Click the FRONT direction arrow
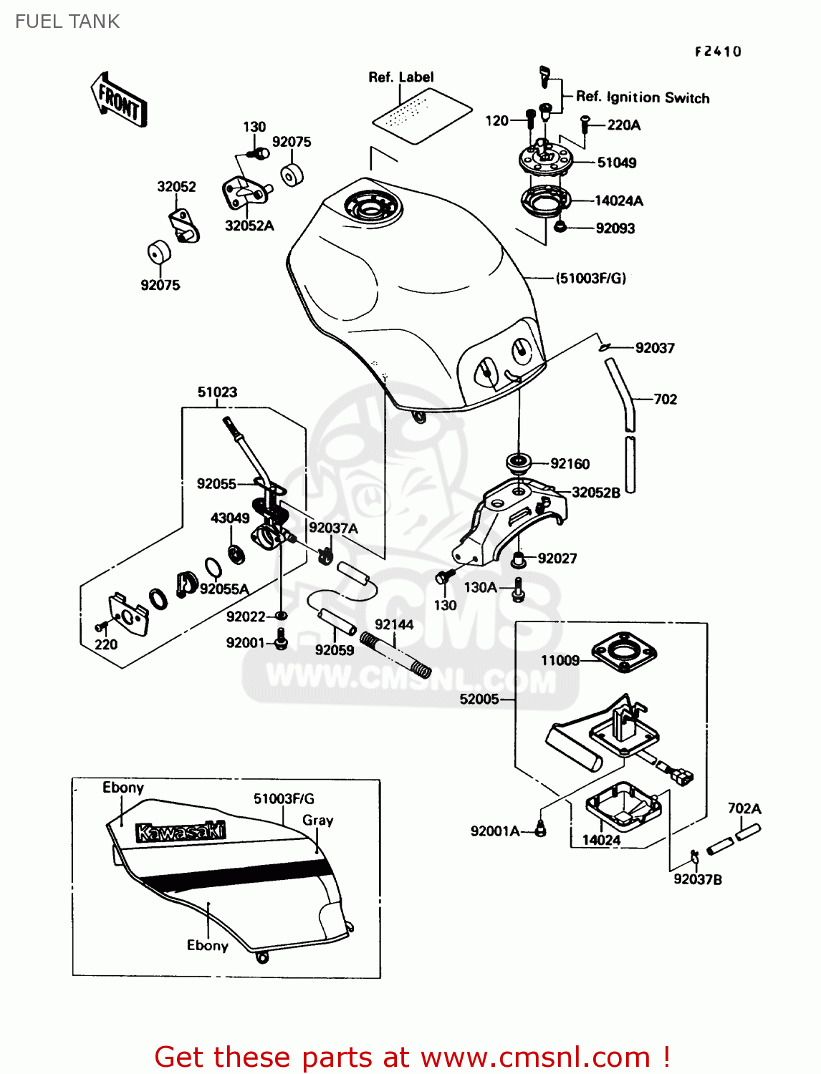tap(118, 100)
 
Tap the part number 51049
tap(616, 163)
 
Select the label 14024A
tap(618, 200)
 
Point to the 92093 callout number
tap(615, 228)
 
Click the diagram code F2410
tap(718, 52)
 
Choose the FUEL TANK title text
tap(67, 21)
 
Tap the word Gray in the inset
tap(318, 821)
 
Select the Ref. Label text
tap(401, 77)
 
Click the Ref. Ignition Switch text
tap(643, 97)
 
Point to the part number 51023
tap(217, 392)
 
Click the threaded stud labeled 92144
tap(395, 655)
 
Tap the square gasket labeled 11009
tap(624, 653)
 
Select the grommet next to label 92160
tap(518, 463)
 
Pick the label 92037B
tap(698, 879)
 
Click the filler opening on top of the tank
tap(373, 208)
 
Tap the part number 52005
tap(479, 700)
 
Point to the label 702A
tap(744, 808)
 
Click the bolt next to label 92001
tap(280, 639)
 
